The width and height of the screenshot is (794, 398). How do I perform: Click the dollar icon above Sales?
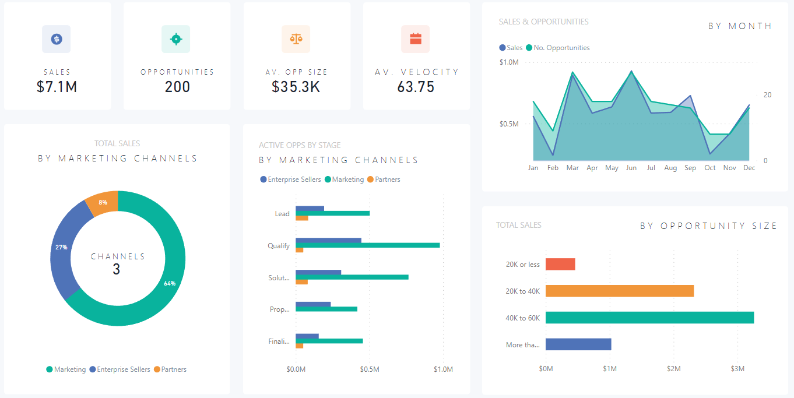point(57,39)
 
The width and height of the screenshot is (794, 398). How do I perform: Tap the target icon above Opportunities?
point(175,39)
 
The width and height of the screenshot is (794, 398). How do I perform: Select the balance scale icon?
point(296,39)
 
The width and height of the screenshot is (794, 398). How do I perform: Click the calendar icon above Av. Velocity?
point(415,39)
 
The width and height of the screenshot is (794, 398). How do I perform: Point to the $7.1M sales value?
point(57,87)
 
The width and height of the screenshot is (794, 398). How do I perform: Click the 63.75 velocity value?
point(416,87)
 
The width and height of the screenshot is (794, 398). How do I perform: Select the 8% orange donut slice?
point(103,202)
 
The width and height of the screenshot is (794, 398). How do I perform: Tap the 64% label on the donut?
point(170,283)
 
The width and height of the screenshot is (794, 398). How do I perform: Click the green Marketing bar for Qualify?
point(367,245)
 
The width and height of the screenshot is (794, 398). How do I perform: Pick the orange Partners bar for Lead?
point(302,218)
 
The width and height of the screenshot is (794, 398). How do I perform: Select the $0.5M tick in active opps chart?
point(369,369)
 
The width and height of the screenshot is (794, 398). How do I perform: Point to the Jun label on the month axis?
point(631,168)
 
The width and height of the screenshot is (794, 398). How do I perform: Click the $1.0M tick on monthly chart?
point(509,62)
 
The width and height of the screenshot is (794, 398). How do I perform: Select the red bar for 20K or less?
point(560,265)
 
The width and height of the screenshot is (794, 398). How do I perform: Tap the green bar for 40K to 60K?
point(649,318)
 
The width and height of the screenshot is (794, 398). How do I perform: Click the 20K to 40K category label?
point(522,291)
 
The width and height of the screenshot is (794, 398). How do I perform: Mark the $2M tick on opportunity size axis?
point(673,369)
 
